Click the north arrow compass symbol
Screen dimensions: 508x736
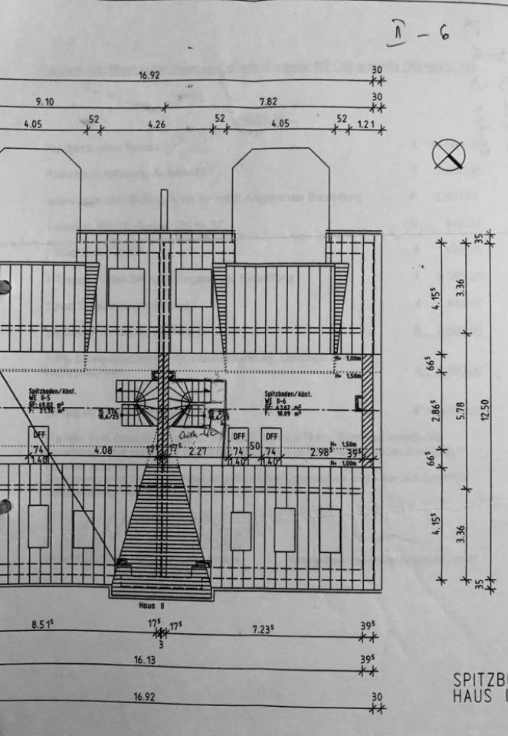448,156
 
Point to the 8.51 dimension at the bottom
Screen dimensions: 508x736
41,624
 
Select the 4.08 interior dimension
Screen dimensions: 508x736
102,451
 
